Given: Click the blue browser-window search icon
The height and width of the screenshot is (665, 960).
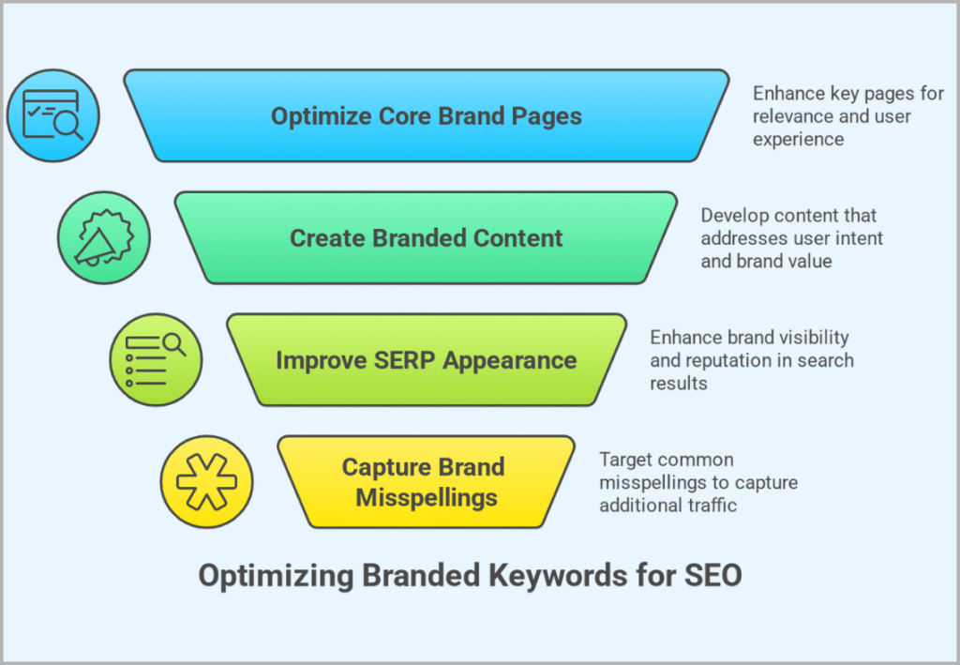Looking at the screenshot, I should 52,116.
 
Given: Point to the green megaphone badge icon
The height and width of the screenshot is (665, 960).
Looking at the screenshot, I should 103,237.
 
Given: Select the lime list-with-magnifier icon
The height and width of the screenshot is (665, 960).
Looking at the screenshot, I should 156,359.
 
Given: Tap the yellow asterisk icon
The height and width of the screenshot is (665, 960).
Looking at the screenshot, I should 206,481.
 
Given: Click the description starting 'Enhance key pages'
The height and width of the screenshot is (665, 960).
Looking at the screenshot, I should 832,116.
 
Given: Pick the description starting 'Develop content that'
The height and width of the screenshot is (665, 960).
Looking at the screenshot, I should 792,238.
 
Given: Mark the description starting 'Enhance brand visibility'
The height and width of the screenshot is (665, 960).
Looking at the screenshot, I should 752,360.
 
